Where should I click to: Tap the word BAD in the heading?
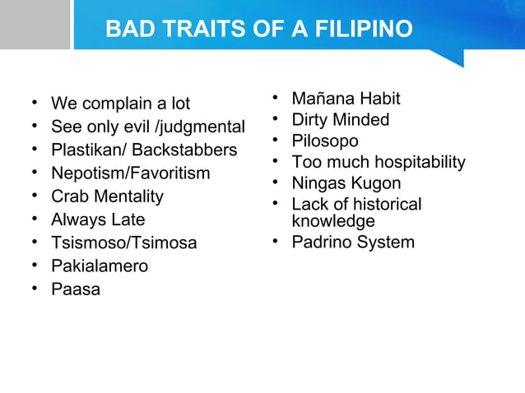click(128, 30)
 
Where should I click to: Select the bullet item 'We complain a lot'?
click(120, 104)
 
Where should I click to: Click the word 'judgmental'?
click(202, 127)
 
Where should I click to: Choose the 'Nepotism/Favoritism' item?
click(130, 173)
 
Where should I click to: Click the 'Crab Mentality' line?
click(107, 196)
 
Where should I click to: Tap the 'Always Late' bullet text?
click(97, 220)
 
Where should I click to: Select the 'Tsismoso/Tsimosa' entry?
click(123, 243)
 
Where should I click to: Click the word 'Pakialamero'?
click(99, 266)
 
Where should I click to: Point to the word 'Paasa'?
click(75, 289)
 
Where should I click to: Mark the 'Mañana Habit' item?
click(346, 99)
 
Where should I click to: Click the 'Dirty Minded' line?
click(340, 120)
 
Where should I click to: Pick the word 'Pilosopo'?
click(324, 141)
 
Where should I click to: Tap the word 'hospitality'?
click(421, 162)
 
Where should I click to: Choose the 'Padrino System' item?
click(352, 242)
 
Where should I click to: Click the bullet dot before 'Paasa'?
click(35, 289)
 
